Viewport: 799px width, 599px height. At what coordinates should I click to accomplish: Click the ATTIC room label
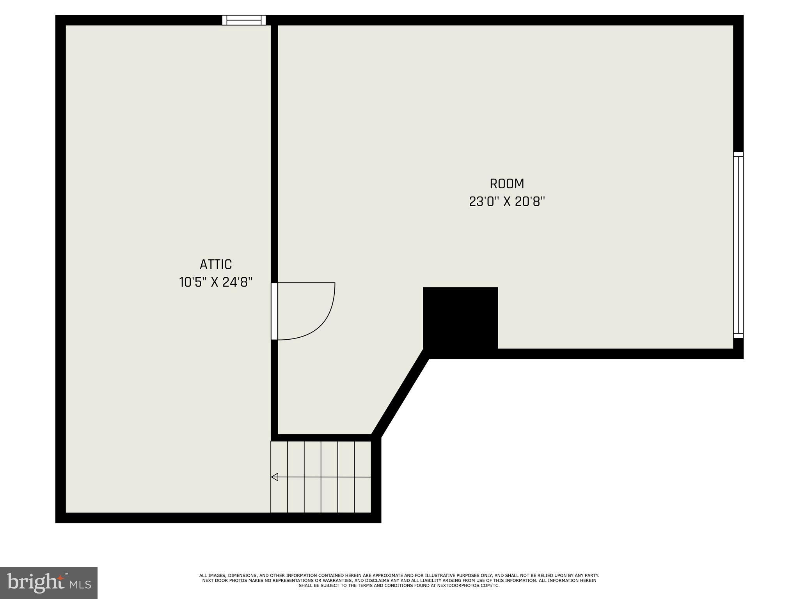216,264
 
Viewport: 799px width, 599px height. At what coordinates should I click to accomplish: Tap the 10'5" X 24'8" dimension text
216,282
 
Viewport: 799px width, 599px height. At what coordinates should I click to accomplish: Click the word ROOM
507,184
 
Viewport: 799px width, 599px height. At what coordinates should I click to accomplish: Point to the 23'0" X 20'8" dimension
507,202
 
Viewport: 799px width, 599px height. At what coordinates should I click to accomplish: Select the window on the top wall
244,20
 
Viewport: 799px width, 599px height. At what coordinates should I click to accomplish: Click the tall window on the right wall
738,245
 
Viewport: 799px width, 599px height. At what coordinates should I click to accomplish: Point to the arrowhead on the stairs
274,477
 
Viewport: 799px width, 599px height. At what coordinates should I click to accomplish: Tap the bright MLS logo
49,583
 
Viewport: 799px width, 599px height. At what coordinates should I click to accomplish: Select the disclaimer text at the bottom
399,580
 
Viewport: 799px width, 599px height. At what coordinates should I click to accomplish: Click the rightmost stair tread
362,477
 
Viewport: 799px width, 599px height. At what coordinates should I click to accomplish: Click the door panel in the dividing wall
274,311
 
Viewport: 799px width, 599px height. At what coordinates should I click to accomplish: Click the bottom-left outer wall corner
60,517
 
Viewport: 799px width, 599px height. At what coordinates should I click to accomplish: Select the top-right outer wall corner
738,20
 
